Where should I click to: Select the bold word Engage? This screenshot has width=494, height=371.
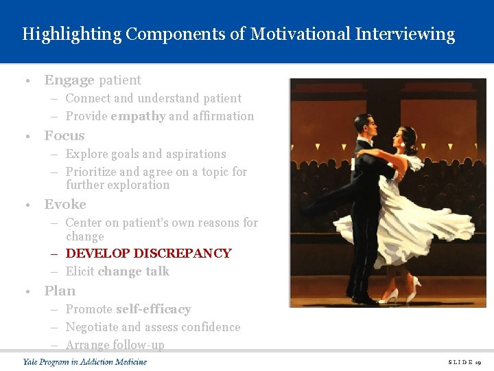point(69,80)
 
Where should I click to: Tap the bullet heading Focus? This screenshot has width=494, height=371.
point(64,135)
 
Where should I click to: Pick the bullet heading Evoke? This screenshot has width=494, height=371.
point(65,204)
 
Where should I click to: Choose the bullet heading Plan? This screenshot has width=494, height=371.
point(60,291)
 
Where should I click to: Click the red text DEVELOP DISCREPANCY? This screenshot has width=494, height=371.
point(148,254)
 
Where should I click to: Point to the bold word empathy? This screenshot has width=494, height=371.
point(137,116)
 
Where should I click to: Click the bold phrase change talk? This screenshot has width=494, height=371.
point(133,271)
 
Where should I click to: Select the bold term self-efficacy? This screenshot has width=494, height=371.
point(153,309)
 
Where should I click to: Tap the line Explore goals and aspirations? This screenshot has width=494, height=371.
point(145,154)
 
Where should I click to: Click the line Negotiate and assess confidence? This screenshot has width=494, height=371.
point(152,327)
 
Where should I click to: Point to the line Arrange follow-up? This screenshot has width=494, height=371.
point(115,344)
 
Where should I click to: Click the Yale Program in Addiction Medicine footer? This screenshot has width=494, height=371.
point(84,361)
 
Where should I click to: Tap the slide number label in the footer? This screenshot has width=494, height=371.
point(465,361)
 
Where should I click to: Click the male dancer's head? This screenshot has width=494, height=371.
point(367,126)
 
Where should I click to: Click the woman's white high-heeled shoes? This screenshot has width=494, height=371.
point(401,292)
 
